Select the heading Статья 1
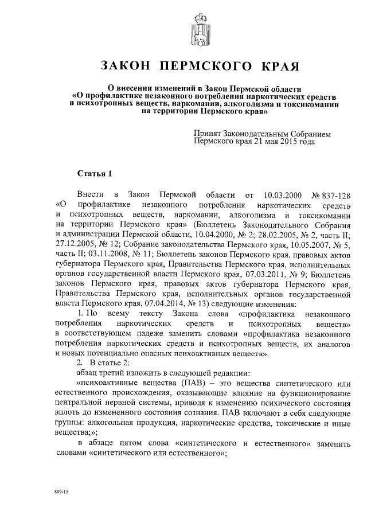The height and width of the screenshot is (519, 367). pos(92,173)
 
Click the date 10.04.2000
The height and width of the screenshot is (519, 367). pos(238,233)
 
